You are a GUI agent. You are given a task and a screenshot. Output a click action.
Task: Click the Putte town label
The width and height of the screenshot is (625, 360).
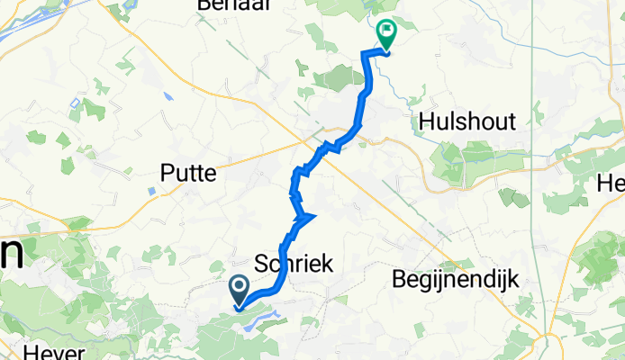point(187,173)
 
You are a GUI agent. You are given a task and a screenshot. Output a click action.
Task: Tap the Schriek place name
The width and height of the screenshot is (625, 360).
point(294,264)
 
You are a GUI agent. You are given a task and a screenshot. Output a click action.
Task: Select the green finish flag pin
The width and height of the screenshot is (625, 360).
point(386,35)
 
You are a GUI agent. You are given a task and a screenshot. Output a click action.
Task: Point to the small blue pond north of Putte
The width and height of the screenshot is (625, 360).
point(168,95)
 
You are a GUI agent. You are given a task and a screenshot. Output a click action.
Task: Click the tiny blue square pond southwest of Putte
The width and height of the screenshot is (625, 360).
point(149,191)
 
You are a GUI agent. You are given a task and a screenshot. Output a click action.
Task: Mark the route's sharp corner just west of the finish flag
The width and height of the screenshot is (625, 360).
point(364,55)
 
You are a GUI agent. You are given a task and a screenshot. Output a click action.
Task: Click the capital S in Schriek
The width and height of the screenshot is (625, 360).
point(263,264)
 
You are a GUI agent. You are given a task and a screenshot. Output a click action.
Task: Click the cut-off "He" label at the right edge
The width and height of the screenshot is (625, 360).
point(610,184)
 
